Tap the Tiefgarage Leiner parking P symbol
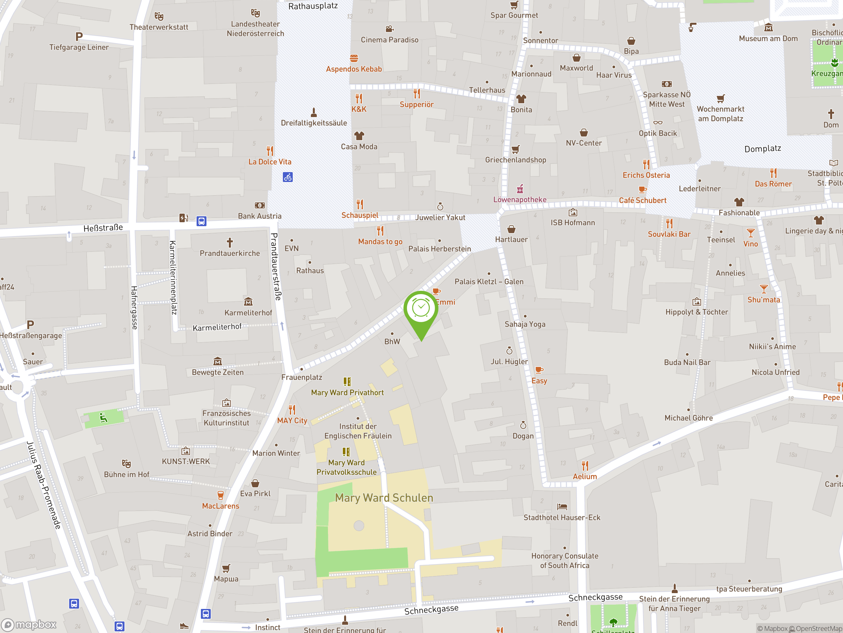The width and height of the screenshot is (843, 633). (79, 37)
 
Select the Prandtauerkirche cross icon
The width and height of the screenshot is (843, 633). (230, 242)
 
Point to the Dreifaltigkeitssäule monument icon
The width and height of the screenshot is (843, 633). (313, 112)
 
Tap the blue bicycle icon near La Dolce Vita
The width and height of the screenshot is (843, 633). (288, 177)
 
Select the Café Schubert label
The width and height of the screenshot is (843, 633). (642, 200)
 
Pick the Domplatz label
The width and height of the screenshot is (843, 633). (763, 148)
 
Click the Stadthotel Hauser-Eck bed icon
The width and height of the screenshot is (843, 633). (562, 507)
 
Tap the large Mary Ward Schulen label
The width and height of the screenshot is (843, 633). (384, 497)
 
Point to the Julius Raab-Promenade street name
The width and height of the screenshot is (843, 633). (43, 485)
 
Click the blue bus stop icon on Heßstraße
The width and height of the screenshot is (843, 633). (202, 221)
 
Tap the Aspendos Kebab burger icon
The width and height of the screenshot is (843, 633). (354, 58)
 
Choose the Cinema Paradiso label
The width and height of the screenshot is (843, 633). (390, 40)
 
